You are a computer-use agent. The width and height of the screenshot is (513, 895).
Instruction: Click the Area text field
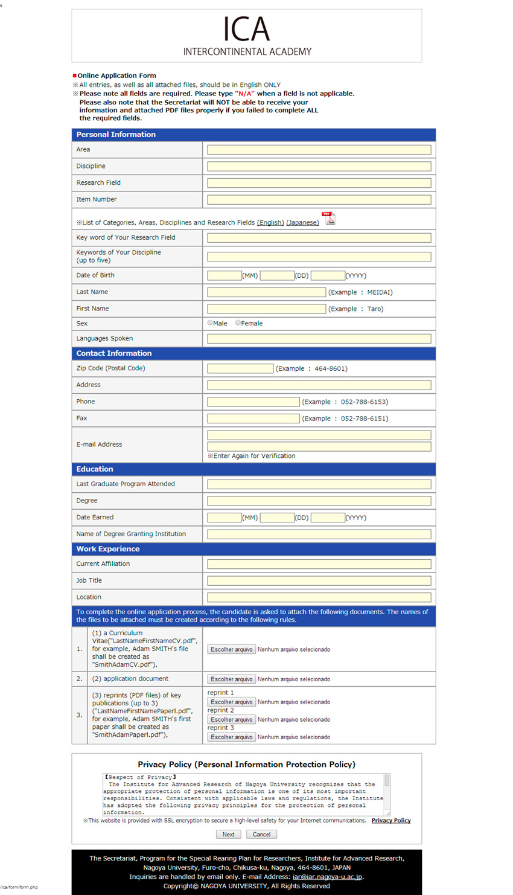click(319, 150)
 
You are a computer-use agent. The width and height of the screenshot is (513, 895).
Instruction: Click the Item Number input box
click(319, 199)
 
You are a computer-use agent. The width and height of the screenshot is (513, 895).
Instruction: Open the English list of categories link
click(270, 223)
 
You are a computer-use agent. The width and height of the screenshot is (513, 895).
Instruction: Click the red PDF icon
click(328, 218)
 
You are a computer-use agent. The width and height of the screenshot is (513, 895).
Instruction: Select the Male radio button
click(210, 323)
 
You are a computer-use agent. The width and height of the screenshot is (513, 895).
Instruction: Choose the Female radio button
click(238, 323)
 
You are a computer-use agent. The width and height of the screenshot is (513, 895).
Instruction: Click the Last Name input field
click(266, 292)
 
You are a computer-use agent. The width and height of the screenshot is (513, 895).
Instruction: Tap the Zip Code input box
click(240, 368)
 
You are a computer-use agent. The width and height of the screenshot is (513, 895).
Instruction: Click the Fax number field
click(253, 419)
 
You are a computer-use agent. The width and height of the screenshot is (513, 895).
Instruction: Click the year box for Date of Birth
click(328, 275)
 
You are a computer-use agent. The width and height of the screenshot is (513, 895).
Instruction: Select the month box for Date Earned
click(224, 518)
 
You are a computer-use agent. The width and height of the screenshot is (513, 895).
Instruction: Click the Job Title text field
click(319, 580)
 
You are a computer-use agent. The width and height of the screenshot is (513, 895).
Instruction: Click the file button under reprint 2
click(232, 719)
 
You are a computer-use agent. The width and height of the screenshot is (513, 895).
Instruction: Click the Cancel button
click(261, 834)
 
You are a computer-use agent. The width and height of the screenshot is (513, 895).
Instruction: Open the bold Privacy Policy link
click(391, 820)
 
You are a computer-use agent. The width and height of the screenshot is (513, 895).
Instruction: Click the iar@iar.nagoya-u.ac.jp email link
click(327, 877)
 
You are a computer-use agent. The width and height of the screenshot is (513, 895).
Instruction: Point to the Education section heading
click(95, 469)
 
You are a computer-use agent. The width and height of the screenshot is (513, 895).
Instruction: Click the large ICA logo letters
click(246, 29)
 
